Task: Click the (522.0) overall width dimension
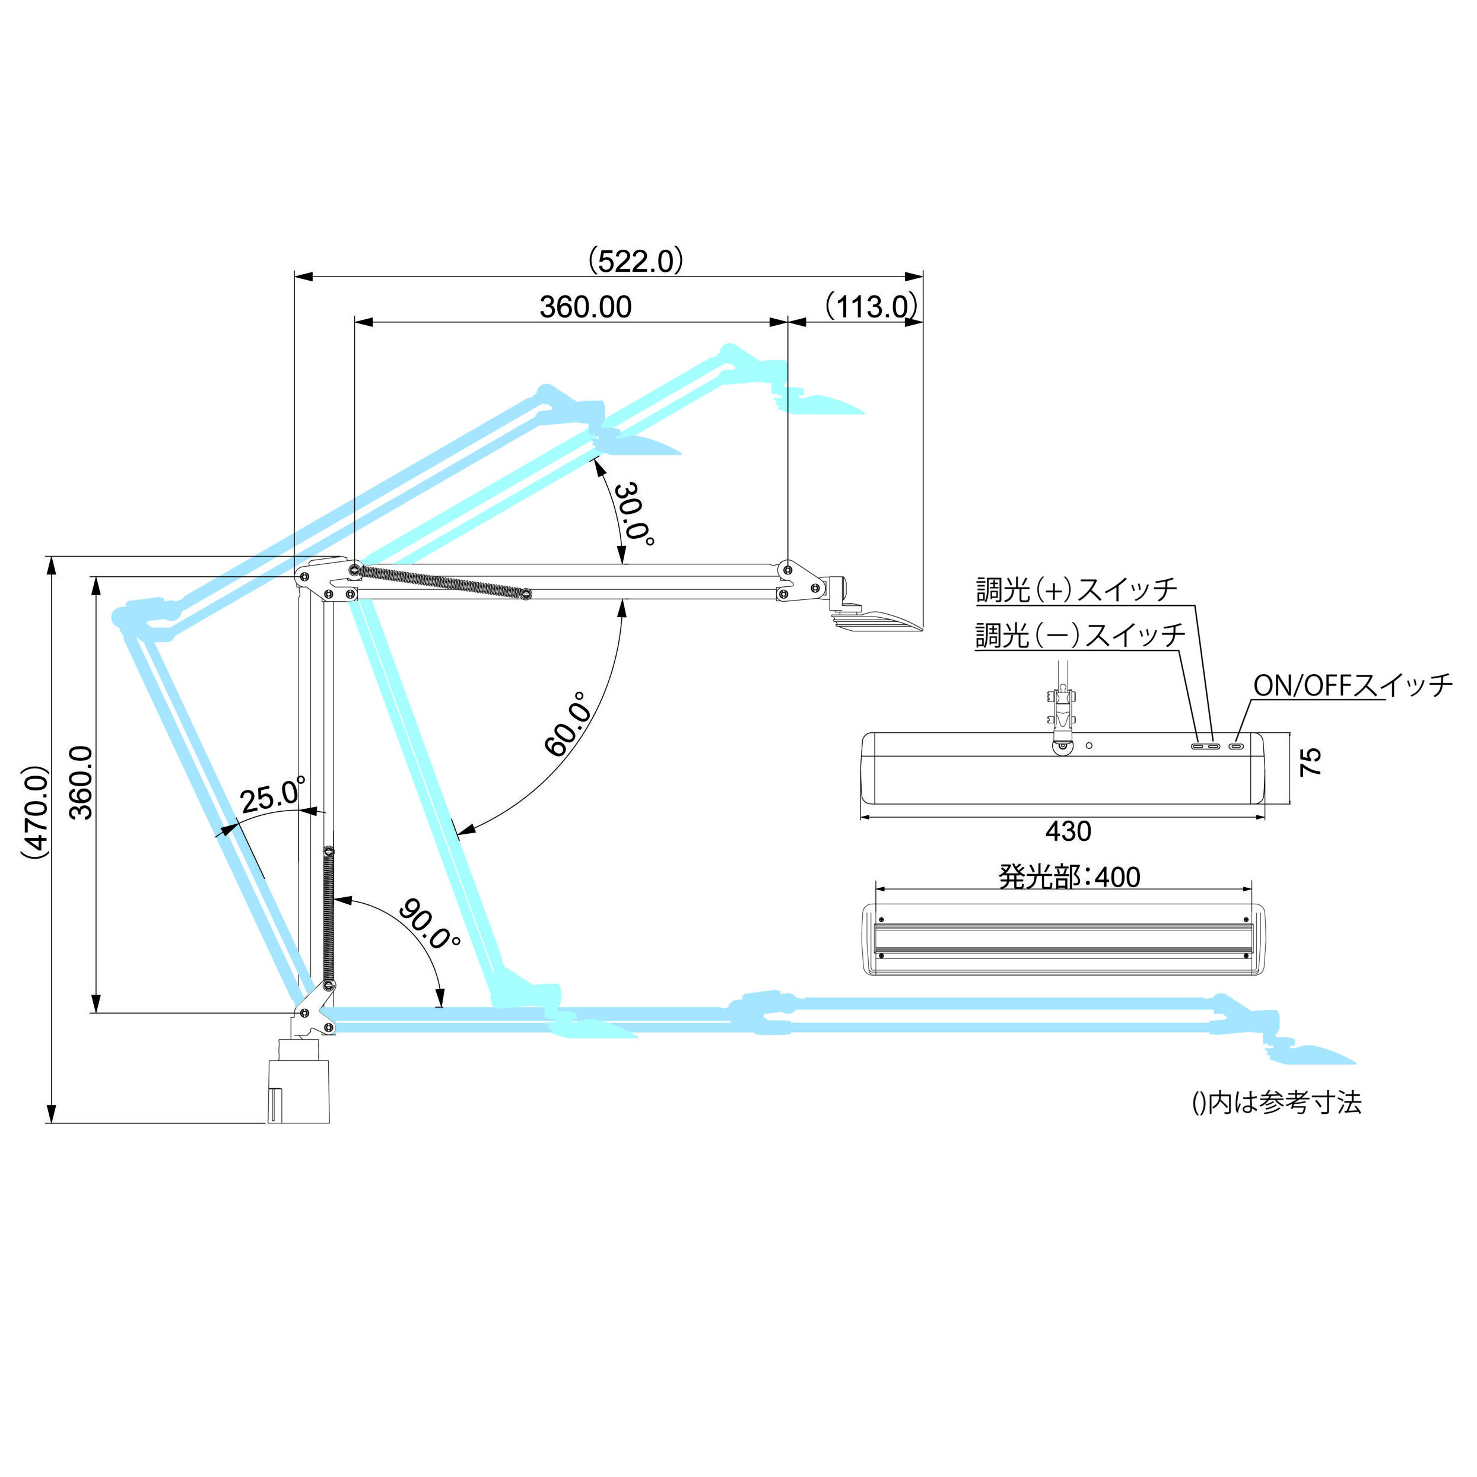(636, 262)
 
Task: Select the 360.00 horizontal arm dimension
(586, 307)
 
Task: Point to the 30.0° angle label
(633, 514)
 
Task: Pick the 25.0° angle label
(273, 795)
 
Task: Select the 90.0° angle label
(430, 923)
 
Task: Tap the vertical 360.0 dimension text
(81, 782)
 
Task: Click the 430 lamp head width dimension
(1068, 831)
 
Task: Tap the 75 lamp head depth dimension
(1310, 761)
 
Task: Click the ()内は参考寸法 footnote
(1276, 1103)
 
